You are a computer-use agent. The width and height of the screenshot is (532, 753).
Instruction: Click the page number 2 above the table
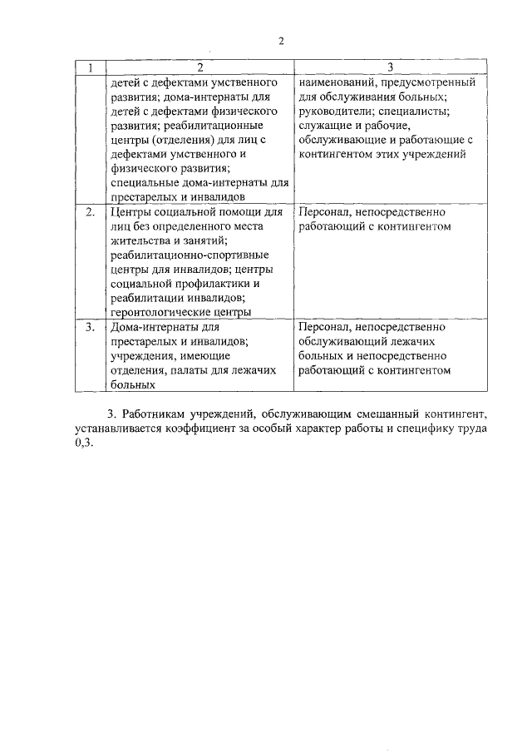tap(281, 42)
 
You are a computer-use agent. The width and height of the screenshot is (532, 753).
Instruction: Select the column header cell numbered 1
tap(91, 67)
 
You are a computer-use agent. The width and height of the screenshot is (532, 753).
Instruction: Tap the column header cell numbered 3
tap(389, 67)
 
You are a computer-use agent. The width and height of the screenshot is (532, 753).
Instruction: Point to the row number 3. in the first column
tap(91, 328)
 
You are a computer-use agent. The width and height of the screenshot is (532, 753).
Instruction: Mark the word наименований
tap(339, 82)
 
